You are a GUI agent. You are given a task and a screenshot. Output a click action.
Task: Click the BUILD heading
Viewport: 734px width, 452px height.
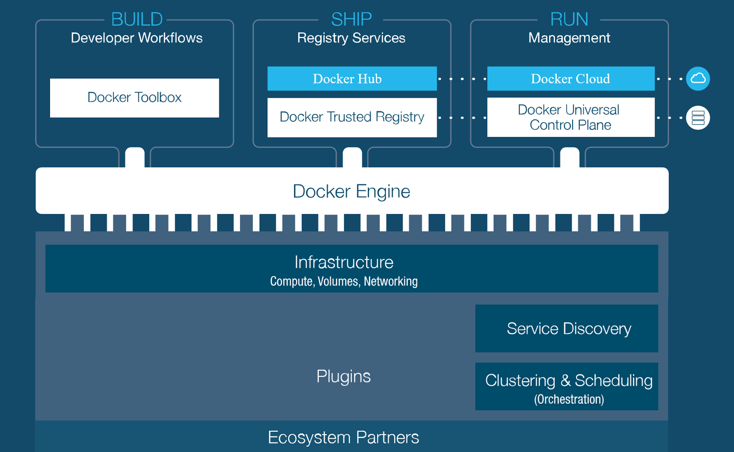click(137, 19)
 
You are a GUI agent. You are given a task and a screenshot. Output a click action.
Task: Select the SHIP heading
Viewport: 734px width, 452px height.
click(351, 19)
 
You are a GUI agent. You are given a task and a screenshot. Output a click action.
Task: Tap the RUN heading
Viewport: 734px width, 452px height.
click(569, 19)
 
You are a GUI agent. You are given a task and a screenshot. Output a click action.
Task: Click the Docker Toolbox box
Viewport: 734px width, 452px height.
click(134, 98)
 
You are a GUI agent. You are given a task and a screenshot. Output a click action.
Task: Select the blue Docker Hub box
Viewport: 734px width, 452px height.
click(352, 79)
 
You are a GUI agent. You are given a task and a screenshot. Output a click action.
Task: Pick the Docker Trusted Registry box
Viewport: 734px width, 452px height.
click(352, 117)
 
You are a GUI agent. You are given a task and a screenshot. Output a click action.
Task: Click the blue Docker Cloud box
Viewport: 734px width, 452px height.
click(571, 79)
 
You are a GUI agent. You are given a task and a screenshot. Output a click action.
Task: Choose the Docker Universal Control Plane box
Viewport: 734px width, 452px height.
click(571, 117)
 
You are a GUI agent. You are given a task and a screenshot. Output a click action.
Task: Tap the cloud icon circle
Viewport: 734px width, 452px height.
click(698, 79)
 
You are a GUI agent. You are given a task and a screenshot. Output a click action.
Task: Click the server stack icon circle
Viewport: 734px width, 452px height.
click(698, 118)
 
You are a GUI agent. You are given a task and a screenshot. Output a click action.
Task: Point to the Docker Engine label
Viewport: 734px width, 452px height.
click(351, 191)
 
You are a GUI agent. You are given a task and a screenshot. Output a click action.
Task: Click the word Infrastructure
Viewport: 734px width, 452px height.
click(344, 262)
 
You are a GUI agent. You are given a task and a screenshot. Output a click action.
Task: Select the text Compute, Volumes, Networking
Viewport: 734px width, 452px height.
click(344, 281)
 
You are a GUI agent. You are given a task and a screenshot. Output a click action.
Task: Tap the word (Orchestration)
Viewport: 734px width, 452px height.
click(569, 399)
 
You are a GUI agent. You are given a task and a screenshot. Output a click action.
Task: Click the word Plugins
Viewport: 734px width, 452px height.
click(343, 376)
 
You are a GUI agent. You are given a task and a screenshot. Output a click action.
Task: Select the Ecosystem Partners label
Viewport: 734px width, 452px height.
click(343, 437)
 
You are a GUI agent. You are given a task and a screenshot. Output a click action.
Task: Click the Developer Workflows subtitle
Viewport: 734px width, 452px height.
click(137, 38)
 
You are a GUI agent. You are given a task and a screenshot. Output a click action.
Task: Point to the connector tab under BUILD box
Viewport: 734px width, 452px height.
click(135, 157)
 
